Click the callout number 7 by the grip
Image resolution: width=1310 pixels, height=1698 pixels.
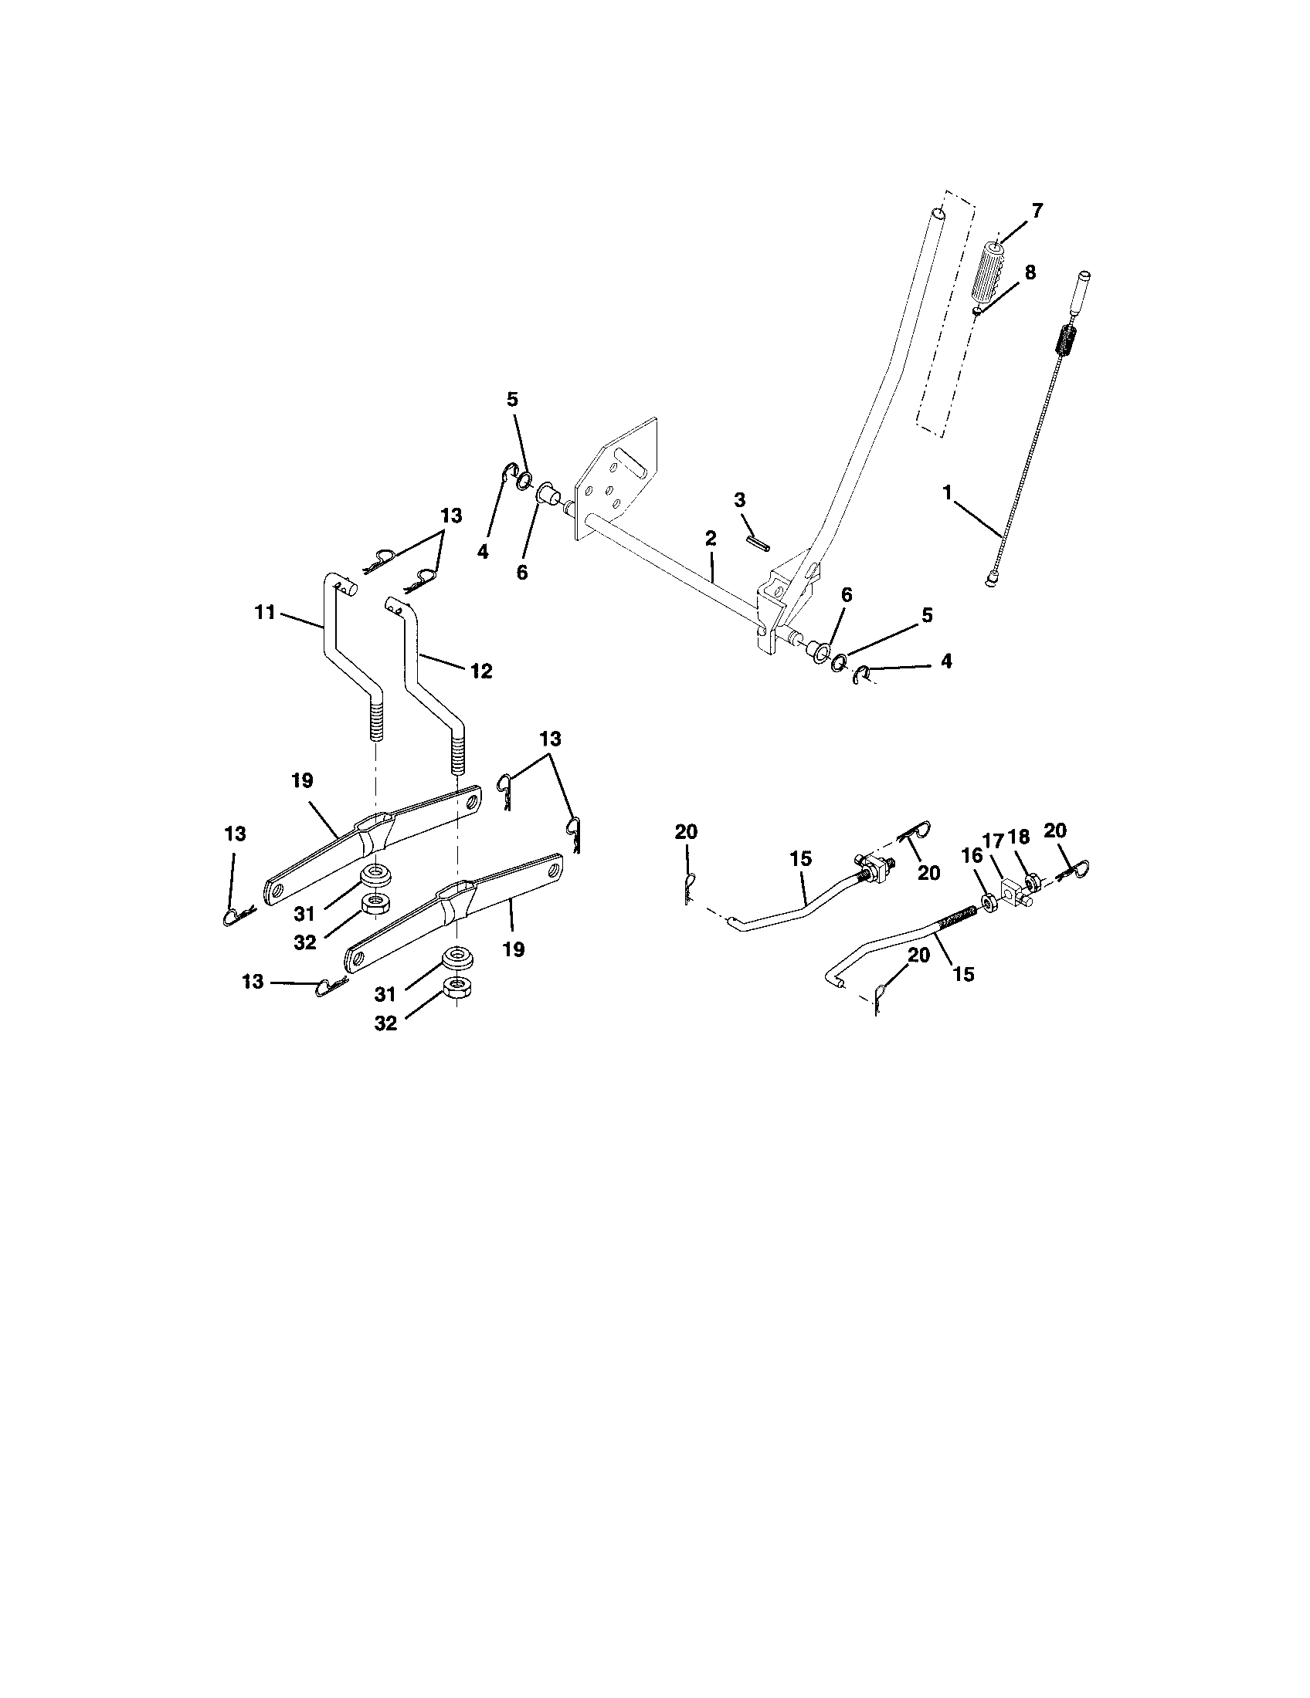point(1037,211)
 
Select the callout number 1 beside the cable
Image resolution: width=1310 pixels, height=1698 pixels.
point(947,492)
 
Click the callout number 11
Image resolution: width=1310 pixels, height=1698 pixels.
point(265,613)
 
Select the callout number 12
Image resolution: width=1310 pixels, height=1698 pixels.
point(481,671)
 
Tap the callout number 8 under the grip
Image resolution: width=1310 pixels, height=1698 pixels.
point(1030,272)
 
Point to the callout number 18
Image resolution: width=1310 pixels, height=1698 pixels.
point(1019,837)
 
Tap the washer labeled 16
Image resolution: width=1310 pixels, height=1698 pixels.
point(992,904)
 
